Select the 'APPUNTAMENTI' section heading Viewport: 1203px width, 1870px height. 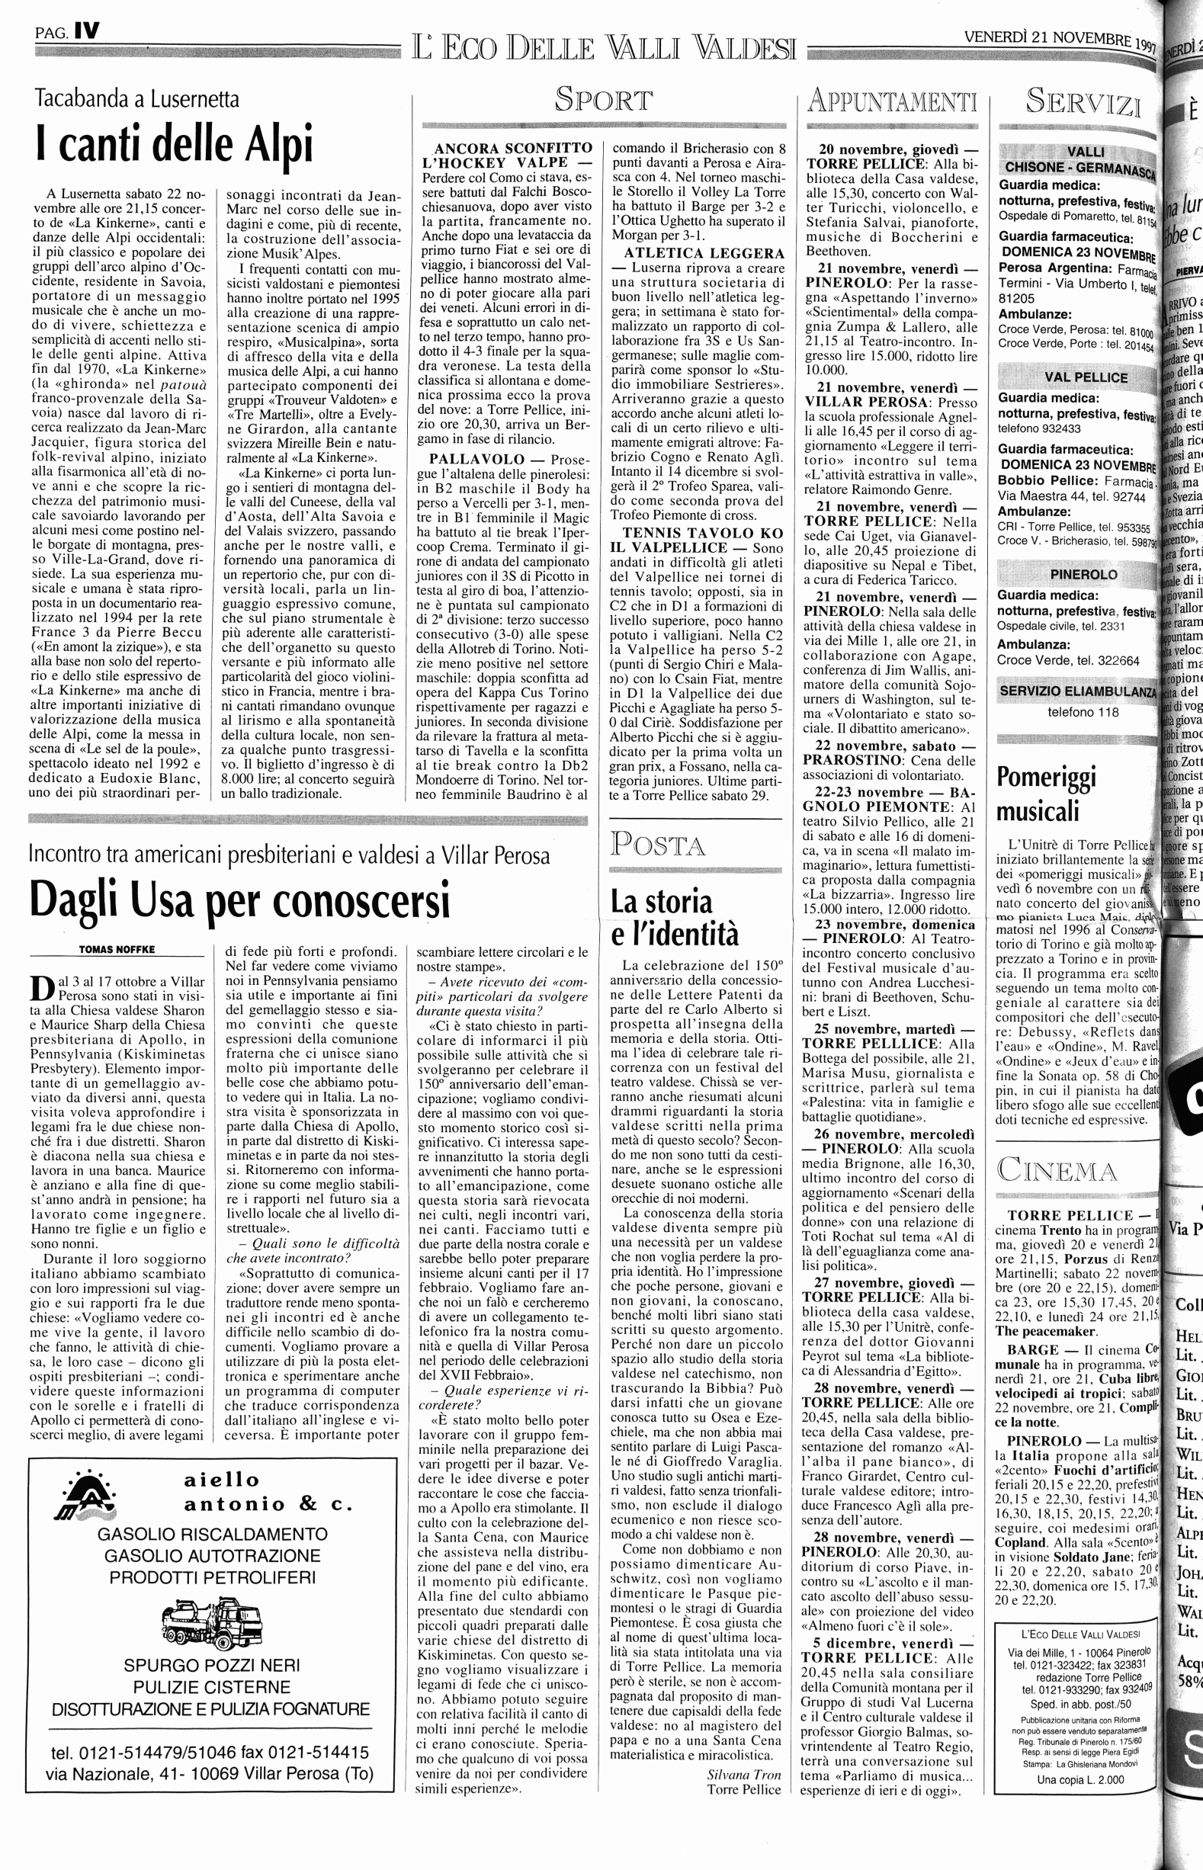(892, 101)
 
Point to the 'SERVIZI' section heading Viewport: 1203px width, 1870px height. (1083, 101)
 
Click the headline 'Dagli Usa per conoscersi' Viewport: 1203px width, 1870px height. (240, 900)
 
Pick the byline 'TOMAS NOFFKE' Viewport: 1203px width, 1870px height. (117, 949)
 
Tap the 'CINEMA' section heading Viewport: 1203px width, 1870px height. (1057, 1171)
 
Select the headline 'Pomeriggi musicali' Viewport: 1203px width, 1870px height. (1047, 794)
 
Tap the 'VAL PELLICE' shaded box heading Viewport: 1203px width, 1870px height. (1075, 377)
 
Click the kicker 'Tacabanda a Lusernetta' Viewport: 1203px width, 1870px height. (137, 99)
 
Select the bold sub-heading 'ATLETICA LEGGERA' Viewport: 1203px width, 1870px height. (704, 253)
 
